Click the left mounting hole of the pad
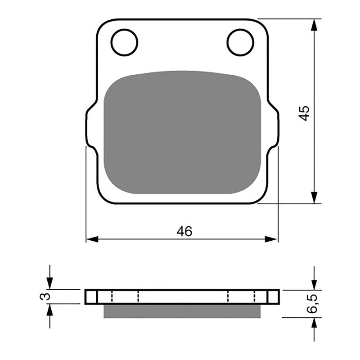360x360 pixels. pos(124,42)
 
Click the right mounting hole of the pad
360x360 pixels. pos(240,42)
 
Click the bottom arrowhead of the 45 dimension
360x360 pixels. pos(315,198)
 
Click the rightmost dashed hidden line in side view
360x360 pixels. pos(255,297)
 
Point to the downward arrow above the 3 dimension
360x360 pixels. pos(50,283)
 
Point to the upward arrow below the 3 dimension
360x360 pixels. pos(50,310)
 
